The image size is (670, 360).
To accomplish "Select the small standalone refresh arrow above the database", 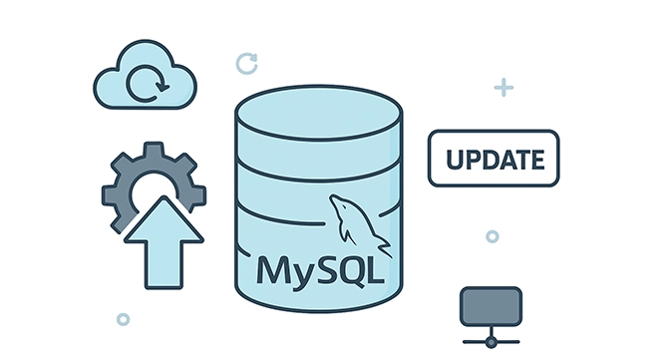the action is point(246,64).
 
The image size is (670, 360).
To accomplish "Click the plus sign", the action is point(503,88).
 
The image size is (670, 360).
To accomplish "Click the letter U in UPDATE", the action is point(452,160).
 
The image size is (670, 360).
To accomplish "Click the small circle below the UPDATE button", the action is point(492,236).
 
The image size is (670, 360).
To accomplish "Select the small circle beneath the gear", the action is point(123,319).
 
